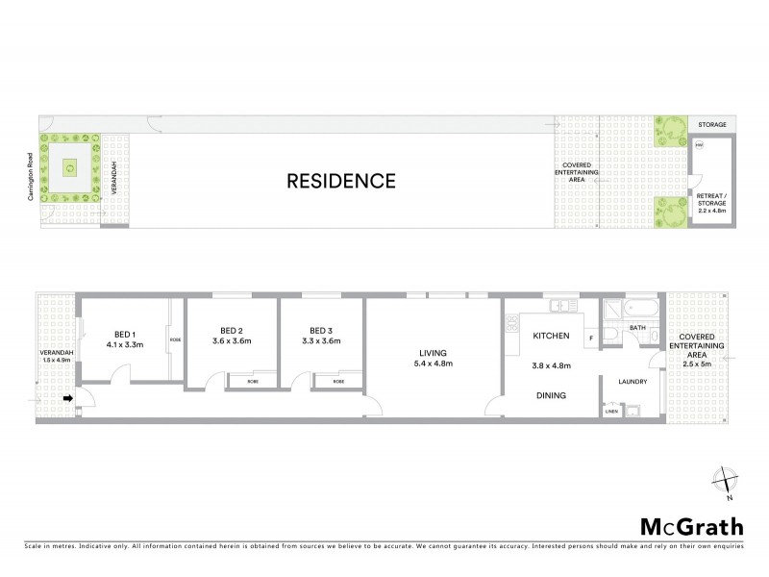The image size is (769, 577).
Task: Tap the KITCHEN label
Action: (x=551, y=337)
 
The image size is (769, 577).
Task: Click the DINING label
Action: (x=551, y=395)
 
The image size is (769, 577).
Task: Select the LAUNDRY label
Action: (x=632, y=382)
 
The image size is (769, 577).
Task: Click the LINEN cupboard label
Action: (x=611, y=412)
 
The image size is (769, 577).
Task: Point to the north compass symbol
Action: (x=726, y=480)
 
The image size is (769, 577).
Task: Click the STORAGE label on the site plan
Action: (x=711, y=125)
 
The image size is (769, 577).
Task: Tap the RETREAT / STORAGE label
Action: (x=712, y=199)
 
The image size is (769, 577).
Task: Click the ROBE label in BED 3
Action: (x=338, y=382)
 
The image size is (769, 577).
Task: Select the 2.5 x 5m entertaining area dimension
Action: (x=699, y=364)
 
